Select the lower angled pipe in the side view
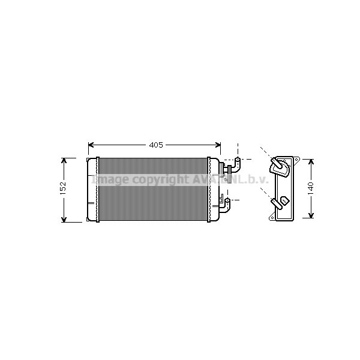click(278, 202)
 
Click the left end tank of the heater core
click(92, 190)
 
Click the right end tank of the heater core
click(214, 190)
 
